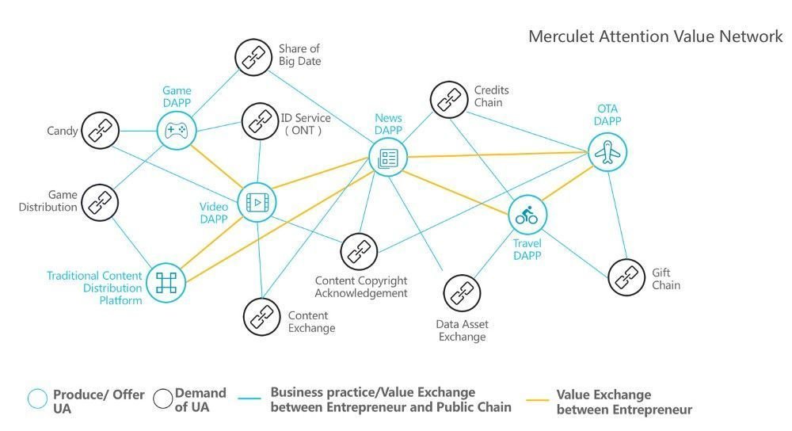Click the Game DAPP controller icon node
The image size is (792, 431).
pos(176,131)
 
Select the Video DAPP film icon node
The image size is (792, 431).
pos(257,203)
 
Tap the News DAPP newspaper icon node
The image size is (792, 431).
pos(388,158)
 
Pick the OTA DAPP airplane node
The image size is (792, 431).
pos(607,152)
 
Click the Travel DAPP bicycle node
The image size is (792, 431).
pos(527,215)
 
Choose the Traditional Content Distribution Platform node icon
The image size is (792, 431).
pos(166,283)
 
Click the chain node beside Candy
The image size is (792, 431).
pos(100,131)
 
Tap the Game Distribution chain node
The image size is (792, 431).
pos(100,203)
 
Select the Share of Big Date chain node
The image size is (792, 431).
pos(253,57)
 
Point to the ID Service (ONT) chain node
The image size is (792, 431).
pos(260,121)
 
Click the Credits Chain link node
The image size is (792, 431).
pos(449,100)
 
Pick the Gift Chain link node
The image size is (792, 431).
pos(626,277)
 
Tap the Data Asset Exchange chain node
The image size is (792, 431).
pos(462,293)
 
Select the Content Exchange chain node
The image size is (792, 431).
pos(261,317)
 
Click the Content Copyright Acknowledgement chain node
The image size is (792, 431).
pos(359,252)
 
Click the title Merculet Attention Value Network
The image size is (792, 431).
pos(655,36)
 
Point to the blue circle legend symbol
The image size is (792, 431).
pos(37,399)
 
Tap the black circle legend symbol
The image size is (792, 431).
pos(162,399)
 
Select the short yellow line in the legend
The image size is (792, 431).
pos(537,400)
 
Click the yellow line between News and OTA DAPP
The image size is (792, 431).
pos(497,154)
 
